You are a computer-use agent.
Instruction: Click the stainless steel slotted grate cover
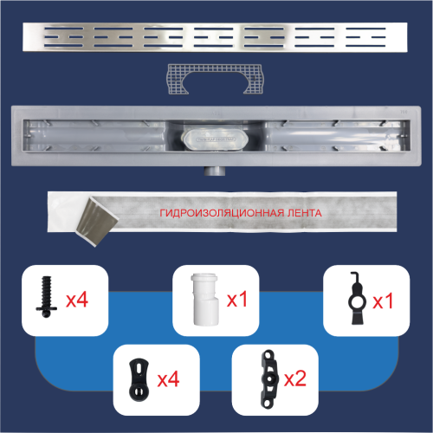point(215,37)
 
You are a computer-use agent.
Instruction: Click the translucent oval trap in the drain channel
point(215,139)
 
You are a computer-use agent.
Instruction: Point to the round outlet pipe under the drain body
point(216,171)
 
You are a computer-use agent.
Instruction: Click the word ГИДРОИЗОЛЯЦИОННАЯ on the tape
point(222,213)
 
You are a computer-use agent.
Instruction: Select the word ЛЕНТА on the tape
point(304,213)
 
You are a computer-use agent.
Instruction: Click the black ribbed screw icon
point(47,297)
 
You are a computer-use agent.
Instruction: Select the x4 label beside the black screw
point(77,300)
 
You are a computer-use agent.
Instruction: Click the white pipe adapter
point(205,300)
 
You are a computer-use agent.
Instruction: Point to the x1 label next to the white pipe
point(237,300)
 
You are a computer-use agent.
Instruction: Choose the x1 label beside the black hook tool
point(383,301)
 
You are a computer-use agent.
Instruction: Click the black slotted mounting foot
point(139,379)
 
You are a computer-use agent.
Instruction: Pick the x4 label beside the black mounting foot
point(168,379)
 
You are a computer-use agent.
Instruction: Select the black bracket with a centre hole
point(269,378)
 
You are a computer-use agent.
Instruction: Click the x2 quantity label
point(295,378)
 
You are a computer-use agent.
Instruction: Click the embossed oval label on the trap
point(216,139)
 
